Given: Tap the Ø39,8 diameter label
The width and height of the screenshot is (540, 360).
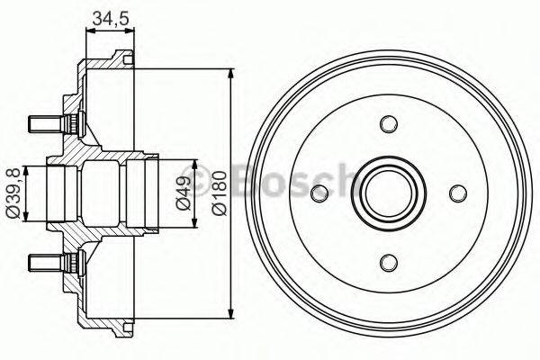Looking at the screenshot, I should click(x=12, y=192).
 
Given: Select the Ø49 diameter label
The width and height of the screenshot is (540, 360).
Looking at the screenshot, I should click(x=183, y=192).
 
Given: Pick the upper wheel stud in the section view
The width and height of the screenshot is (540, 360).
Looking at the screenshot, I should click(x=45, y=120).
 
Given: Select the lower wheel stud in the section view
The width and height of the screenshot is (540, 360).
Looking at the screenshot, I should click(x=45, y=262).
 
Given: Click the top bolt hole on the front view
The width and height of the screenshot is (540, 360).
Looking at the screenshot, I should click(x=389, y=123).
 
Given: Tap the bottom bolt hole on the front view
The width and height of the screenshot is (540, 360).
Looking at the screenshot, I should click(x=389, y=262).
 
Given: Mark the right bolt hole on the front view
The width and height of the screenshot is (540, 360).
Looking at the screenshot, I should click(x=458, y=193).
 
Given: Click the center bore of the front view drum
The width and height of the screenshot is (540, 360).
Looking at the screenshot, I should click(x=389, y=193).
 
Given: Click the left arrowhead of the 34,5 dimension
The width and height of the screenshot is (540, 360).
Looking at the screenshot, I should click(x=88, y=31).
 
